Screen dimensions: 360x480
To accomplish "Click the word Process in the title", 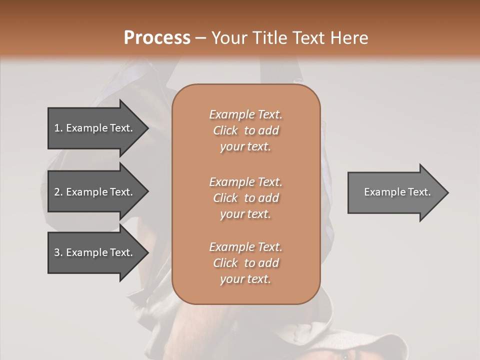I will (x=157, y=38).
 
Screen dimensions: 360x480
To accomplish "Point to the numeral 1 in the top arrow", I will (x=57, y=128).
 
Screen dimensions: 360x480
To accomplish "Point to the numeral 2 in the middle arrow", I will (x=57, y=192).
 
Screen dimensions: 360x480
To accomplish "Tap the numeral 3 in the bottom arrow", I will (x=57, y=252).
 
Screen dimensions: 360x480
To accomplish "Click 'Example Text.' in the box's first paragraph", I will (x=245, y=114).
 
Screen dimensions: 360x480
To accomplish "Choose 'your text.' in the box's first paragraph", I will (x=245, y=147).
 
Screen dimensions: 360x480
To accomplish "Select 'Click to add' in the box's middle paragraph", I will (x=245, y=198).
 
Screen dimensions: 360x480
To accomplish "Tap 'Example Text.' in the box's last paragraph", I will (x=245, y=247).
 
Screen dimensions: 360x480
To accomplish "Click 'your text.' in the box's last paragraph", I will (x=245, y=279).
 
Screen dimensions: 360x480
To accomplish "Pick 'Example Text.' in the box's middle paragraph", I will (x=245, y=182).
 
